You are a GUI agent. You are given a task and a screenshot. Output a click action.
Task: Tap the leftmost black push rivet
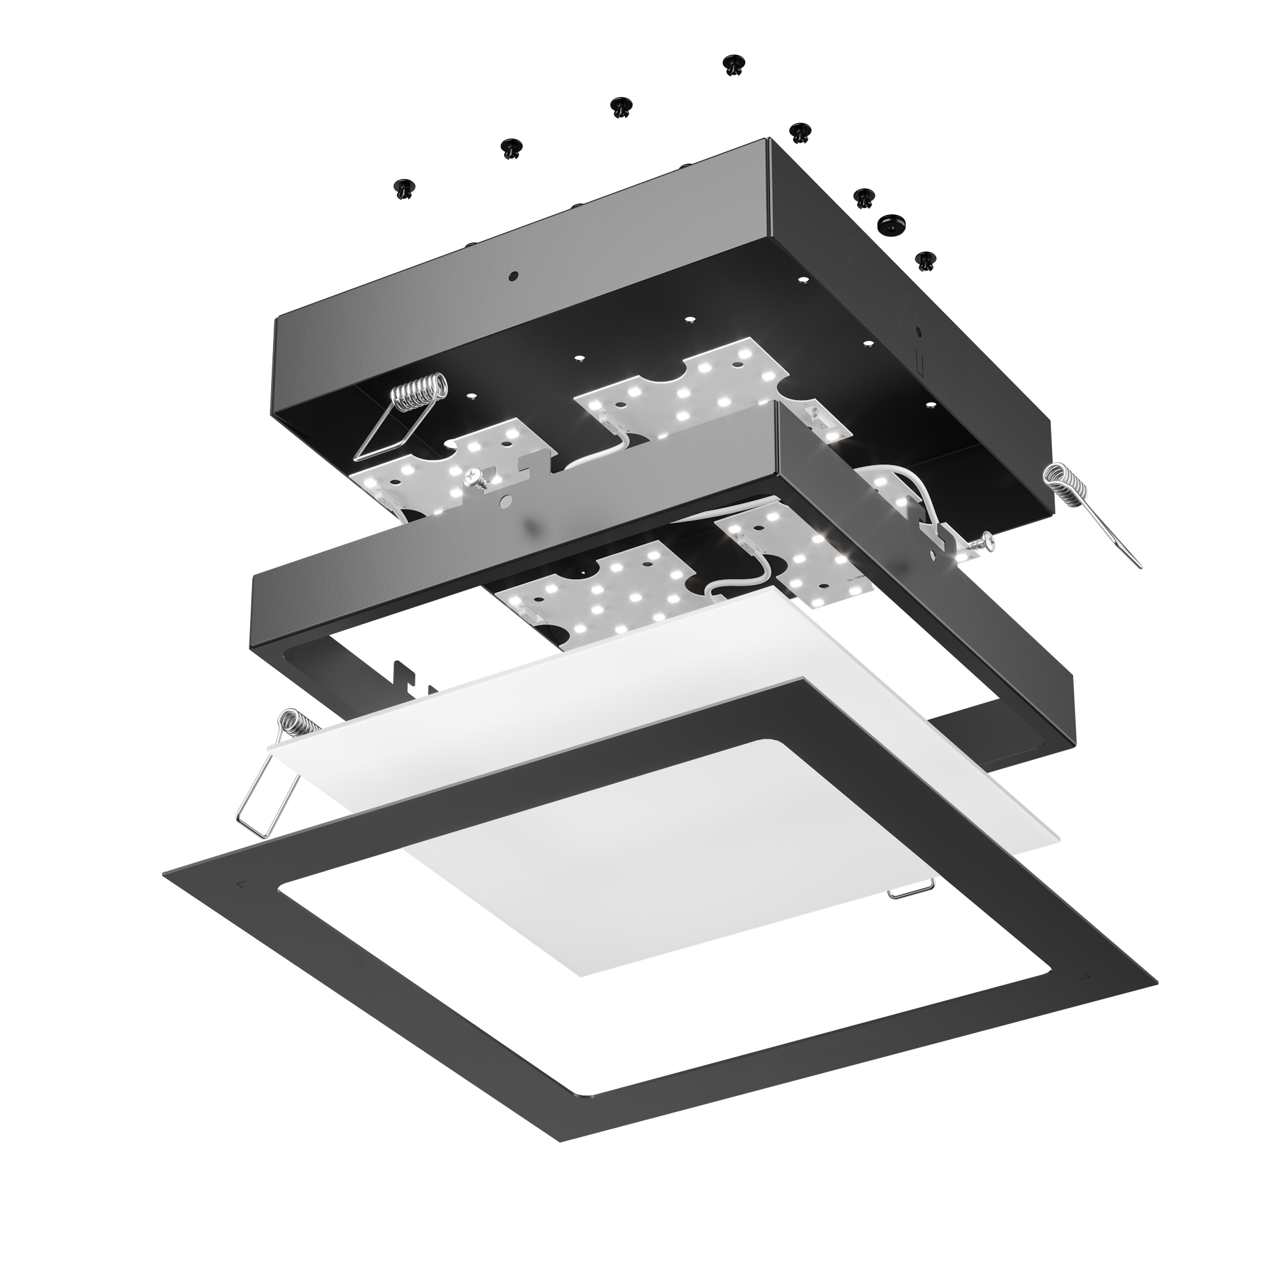404,188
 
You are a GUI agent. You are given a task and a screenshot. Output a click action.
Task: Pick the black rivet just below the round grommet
926,260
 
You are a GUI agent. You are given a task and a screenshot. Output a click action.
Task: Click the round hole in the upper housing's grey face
513,276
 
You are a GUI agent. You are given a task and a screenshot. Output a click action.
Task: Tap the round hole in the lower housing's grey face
505,503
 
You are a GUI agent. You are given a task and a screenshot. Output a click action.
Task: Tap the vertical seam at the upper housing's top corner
769,191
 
